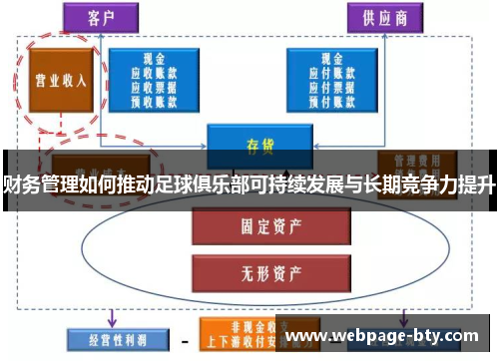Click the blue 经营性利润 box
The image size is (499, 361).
click(110, 339)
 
